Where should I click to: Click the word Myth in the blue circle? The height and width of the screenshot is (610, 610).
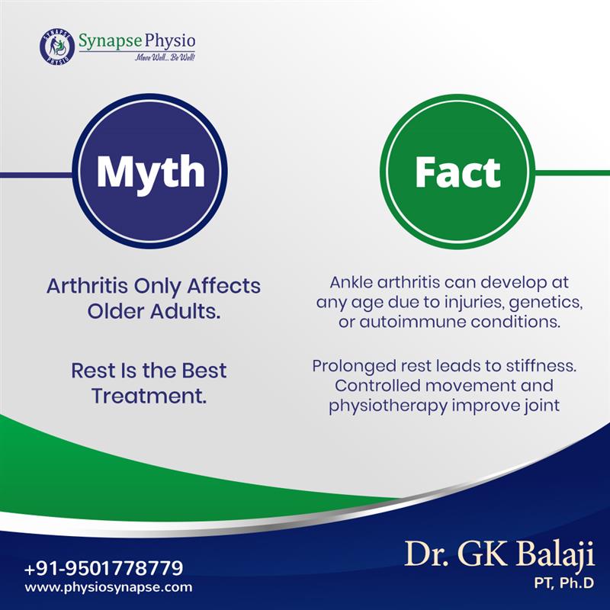(x=151, y=172)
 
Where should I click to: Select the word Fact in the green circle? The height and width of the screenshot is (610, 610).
(x=457, y=172)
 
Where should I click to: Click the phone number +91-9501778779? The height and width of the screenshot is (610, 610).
(x=104, y=568)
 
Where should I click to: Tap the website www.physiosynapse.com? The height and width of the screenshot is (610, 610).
(x=108, y=588)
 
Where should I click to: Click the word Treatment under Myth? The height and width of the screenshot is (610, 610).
(x=149, y=396)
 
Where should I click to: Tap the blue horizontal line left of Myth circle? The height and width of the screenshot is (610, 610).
(x=38, y=175)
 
